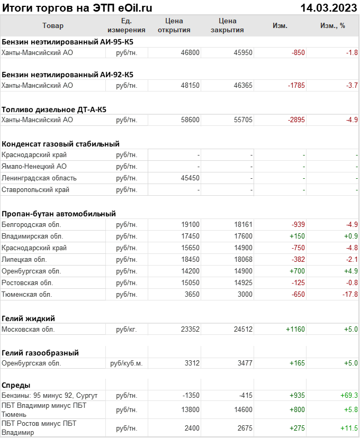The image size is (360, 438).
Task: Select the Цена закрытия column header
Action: tap(227, 25)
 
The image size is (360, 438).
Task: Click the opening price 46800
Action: tap(190, 52)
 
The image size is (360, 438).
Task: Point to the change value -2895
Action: tap(296, 120)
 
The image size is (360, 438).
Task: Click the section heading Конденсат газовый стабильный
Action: tap(60, 143)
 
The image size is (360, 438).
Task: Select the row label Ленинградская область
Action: tap(39, 178)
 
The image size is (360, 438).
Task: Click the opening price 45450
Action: tap(190, 178)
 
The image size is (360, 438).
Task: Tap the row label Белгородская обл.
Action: tap(32, 224)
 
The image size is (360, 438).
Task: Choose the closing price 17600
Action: tap(243, 236)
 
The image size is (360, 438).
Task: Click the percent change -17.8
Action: tap(349, 294)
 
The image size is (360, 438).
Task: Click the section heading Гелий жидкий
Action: tap(29, 318)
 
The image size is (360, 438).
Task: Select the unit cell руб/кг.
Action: tap(127, 329)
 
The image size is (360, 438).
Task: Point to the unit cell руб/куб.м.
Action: tap(127, 363)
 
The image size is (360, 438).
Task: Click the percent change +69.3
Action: tap(349, 395)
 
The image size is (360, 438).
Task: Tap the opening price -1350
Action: tap(190, 395)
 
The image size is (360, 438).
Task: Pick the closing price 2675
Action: tap(243, 427)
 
